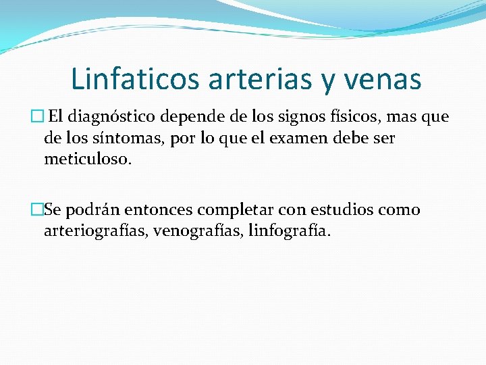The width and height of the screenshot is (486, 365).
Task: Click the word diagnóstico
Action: (111, 117)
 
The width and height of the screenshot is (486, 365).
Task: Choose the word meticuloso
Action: (88, 160)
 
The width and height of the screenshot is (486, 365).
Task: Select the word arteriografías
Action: (96, 232)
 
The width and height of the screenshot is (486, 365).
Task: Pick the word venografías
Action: (198, 232)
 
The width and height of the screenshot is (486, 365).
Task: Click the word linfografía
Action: (290, 232)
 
